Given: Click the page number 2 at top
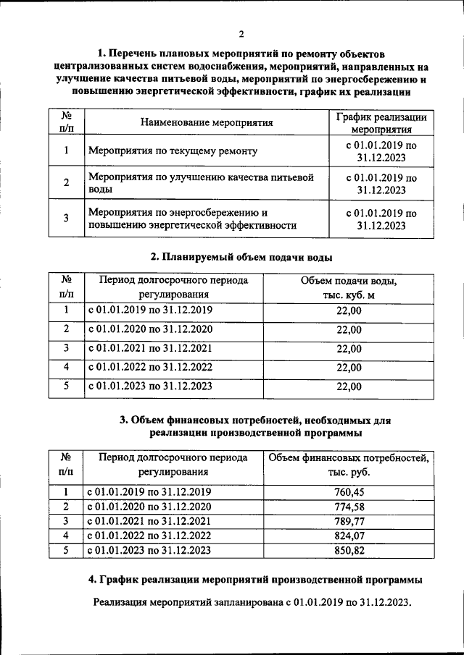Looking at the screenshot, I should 241,34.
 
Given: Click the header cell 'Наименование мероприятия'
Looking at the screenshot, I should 206,122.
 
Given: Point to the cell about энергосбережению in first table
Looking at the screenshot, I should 192,219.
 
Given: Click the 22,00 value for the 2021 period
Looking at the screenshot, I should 349,348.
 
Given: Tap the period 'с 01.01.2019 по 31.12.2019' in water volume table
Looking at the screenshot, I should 150,310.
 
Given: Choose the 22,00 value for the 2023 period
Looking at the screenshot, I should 349,386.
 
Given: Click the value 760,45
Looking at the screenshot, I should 349,492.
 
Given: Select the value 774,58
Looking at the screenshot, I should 349,507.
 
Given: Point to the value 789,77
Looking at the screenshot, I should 349,521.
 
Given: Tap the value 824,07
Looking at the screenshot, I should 349,536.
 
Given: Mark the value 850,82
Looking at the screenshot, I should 349,550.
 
